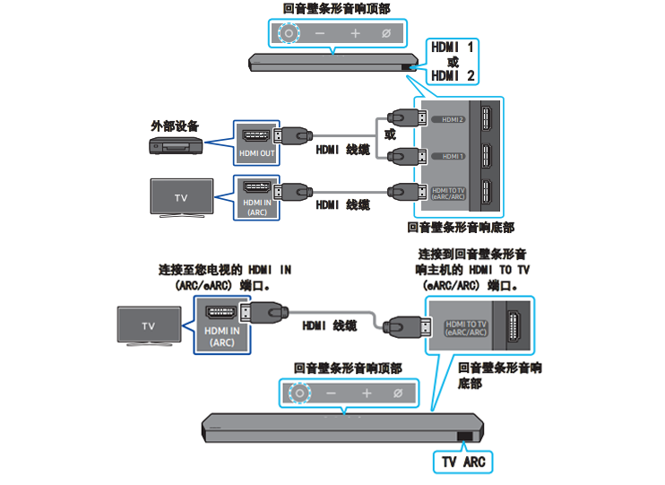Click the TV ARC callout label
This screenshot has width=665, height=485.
[462, 462]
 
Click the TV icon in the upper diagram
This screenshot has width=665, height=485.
[181, 197]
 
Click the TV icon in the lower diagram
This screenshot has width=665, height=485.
[148, 326]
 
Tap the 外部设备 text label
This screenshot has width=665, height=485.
[175, 126]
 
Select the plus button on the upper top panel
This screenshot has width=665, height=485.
[355, 33]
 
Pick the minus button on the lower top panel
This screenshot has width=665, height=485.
[331, 393]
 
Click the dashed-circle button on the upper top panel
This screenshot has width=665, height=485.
[289, 33]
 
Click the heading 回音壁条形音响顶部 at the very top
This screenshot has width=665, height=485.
[336, 8]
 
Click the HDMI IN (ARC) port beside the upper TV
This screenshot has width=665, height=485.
[256, 196]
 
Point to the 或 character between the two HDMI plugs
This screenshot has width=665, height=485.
[389, 135]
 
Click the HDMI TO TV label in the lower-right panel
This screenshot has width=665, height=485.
[466, 327]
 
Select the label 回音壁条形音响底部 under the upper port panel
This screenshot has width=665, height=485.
[461, 228]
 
